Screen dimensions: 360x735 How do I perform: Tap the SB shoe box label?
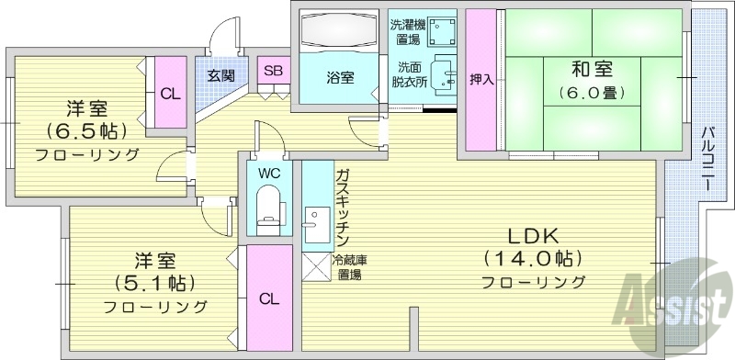[x=273, y=71]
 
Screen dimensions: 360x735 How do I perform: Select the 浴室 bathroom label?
[x=340, y=77]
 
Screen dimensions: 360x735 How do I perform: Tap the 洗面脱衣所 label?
[x=409, y=74]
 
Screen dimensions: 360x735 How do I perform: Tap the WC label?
[x=269, y=173]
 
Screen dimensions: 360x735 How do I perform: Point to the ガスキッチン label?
[x=341, y=202]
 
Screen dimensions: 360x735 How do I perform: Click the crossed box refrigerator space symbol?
[x=317, y=266]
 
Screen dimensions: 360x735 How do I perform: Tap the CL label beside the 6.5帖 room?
[x=170, y=93]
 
